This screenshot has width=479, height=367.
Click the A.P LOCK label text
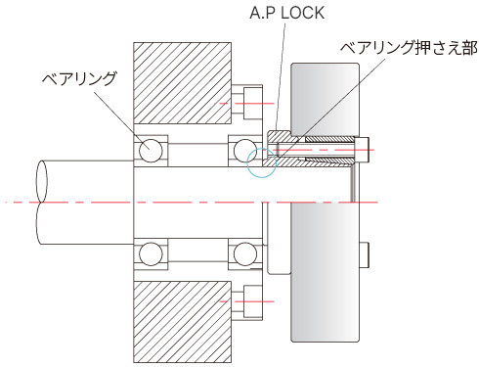coord(286,13)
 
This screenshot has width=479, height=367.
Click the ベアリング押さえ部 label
coord(409,48)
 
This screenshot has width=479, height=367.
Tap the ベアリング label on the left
coord(79,78)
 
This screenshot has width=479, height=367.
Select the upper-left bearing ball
coord(151,151)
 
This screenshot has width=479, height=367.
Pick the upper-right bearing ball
coord(245,151)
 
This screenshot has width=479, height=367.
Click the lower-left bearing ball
coord(151,254)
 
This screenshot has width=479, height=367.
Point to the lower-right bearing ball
coord(245,254)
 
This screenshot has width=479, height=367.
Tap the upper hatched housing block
coord(183,83)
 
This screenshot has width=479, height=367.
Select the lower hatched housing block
coord(183,322)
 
